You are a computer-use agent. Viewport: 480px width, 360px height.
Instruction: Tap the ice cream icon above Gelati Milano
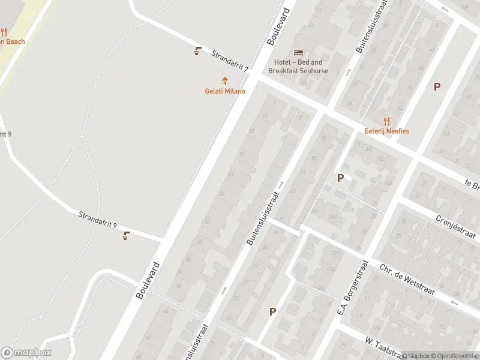[225, 80]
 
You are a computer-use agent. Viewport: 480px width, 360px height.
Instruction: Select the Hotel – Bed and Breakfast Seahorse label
[298, 67]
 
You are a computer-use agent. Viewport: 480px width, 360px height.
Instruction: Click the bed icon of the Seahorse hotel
[298, 52]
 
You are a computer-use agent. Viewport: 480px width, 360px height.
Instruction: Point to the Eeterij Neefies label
[386, 131]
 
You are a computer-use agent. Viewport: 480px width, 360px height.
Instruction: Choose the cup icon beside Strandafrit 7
[197, 51]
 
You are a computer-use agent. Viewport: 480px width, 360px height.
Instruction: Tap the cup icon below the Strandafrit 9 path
[126, 236]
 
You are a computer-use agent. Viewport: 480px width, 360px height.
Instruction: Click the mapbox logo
[26, 353]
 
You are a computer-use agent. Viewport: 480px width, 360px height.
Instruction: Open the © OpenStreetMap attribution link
[455, 356]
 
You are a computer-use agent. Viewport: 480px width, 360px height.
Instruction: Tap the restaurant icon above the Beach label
[4, 32]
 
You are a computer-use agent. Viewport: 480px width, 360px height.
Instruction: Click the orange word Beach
[14, 42]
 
